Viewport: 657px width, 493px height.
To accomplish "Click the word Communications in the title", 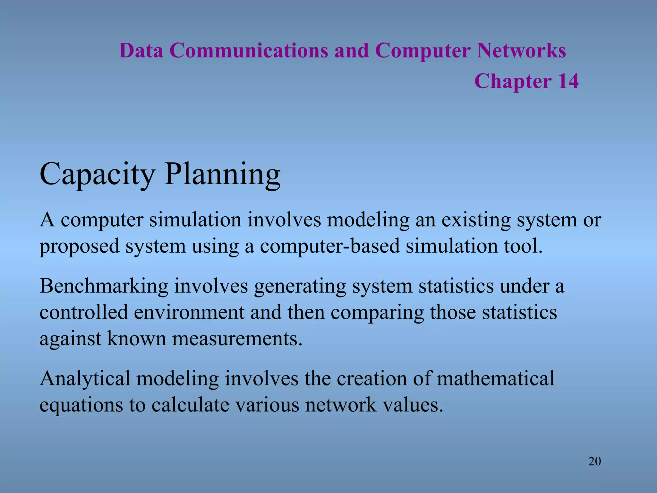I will point(249,51).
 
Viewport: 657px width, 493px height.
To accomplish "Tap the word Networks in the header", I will point(521,51).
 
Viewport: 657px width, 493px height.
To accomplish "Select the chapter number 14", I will point(568,81).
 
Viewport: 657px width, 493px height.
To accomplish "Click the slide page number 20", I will point(594,461).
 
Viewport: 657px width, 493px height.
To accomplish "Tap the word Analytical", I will point(85,378).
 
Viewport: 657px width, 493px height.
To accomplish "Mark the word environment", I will point(189,313).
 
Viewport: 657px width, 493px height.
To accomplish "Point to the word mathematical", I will point(495,378).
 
